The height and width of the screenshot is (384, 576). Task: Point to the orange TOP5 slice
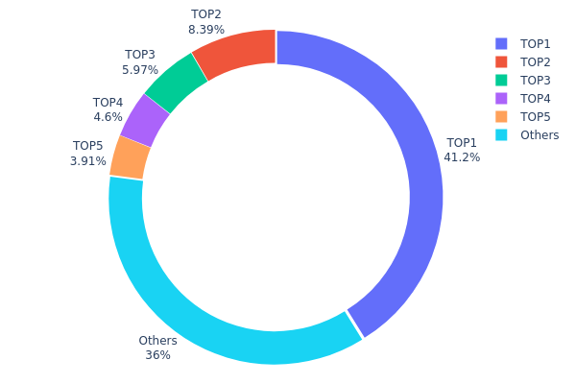[x=129, y=156]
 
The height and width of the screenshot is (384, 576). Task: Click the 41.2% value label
[x=462, y=157]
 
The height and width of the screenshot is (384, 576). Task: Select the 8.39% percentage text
[x=206, y=30]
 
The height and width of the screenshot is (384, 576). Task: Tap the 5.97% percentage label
[x=140, y=70]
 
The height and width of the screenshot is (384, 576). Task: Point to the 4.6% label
[x=108, y=117]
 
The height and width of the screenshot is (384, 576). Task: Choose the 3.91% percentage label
[x=88, y=161]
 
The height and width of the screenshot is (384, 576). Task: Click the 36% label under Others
[x=158, y=355]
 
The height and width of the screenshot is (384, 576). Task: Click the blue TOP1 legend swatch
[x=501, y=44]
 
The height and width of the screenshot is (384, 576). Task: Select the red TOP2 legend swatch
[x=501, y=62]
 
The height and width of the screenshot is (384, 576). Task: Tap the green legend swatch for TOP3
[x=501, y=81]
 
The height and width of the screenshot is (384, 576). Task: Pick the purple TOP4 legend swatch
[x=501, y=99]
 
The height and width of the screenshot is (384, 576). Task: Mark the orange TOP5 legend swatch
[x=501, y=117]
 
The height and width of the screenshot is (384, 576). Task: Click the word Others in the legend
[x=540, y=135]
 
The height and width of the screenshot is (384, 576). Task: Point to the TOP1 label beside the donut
[x=462, y=143]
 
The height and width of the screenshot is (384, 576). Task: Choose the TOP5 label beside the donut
[x=88, y=147]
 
